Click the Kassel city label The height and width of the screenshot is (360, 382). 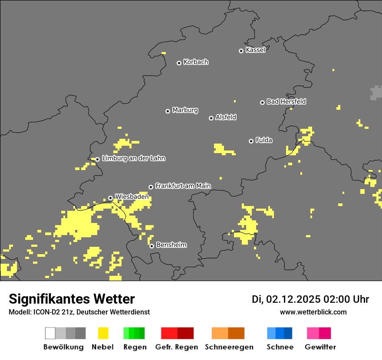pyautogui.click(x=255, y=50)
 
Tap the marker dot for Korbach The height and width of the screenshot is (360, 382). pyautogui.click(x=179, y=63)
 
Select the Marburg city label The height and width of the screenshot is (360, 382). pyautogui.click(x=185, y=110)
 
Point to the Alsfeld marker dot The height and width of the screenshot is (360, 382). pyautogui.click(x=211, y=118)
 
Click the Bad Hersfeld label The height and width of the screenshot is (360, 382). pyautogui.click(x=286, y=101)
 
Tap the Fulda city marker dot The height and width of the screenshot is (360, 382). pyautogui.click(x=251, y=141)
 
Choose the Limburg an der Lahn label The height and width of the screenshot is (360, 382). pyautogui.click(x=133, y=158)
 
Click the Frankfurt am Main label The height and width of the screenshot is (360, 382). pyautogui.click(x=183, y=186)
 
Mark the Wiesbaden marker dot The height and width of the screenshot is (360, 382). pyautogui.click(x=110, y=198)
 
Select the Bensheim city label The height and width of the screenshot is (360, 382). pyautogui.click(x=171, y=245)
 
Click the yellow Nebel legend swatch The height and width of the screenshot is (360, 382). pyautogui.click(x=103, y=333)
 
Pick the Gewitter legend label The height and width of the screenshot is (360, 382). pyautogui.click(x=320, y=347)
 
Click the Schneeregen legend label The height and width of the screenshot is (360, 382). pyautogui.click(x=229, y=347)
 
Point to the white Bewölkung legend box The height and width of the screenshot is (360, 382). pyautogui.click(x=50, y=333)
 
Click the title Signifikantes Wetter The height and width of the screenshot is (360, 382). pyautogui.click(x=72, y=299)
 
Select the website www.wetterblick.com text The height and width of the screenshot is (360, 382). pyautogui.click(x=313, y=312)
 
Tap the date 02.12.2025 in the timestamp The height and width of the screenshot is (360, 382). pyautogui.click(x=293, y=299)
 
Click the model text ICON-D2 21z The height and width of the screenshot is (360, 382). pyautogui.click(x=49, y=312)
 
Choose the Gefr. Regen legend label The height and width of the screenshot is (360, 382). pyautogui.click(x=177, y=347)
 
